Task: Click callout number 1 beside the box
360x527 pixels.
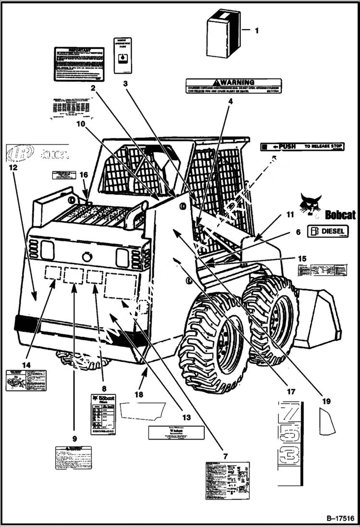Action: [x=256, y=30]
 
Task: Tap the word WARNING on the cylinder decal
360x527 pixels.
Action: [x=237, y=83]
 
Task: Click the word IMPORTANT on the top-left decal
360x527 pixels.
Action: [x=79, y=50]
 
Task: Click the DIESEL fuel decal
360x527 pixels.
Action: [x=328, y=231]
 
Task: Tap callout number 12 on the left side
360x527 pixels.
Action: [x=13, y=168]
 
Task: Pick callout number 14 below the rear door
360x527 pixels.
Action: [x=26, y=365]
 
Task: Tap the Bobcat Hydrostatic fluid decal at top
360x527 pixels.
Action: [x=123, y=55]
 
